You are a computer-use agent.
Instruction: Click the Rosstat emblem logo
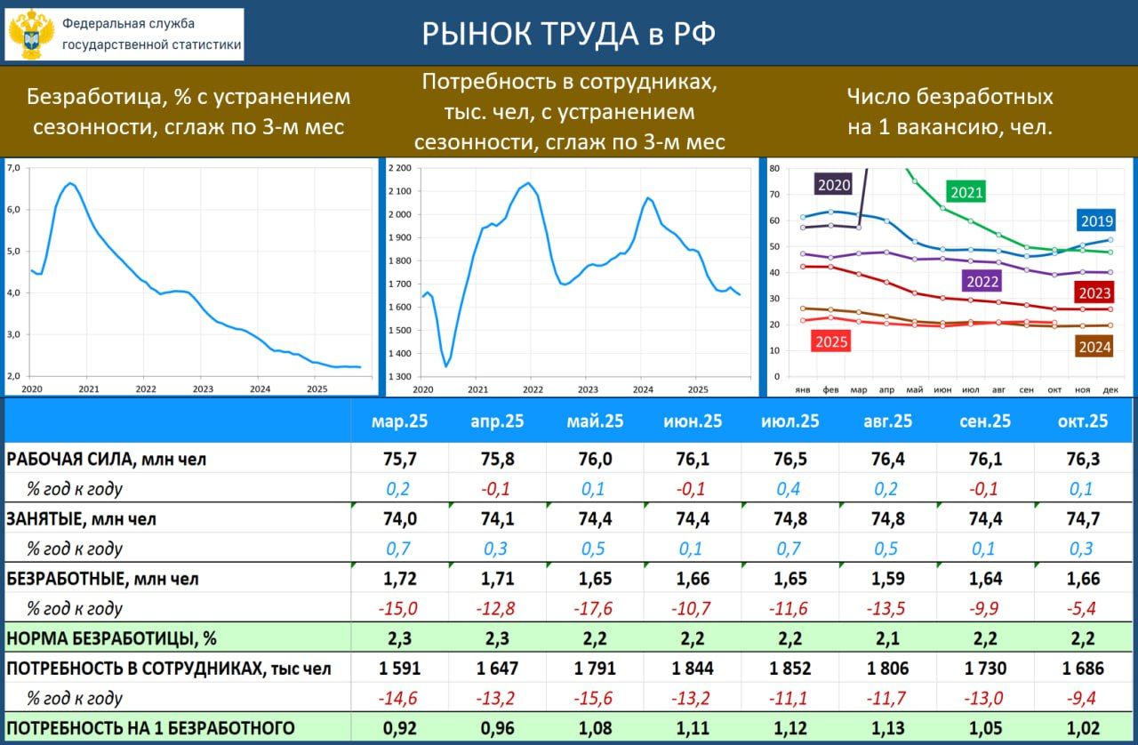point(31,35)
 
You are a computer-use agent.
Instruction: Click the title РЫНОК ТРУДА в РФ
point(568,35)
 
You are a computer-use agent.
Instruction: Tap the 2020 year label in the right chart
point(833,185)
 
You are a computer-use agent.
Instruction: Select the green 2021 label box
point(966,191)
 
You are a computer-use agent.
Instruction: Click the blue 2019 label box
point(1096,220)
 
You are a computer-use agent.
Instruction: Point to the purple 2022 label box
point(982,282)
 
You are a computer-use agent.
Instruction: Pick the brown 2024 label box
point(1094,348)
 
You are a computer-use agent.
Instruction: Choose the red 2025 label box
point(831,341)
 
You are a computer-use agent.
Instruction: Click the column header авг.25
point(887,421)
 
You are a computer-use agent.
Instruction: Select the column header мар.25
point(399,421)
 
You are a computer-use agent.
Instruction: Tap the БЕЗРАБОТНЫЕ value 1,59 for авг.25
point(887,579)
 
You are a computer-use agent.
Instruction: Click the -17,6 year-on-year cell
point(594,609)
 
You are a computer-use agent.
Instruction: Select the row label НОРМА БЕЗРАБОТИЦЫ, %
point(112,638)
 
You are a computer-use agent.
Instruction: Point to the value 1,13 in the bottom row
point(887,729)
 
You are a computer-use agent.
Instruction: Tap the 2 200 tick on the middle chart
point(399,168)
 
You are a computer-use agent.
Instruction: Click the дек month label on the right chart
point(1110,390)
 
